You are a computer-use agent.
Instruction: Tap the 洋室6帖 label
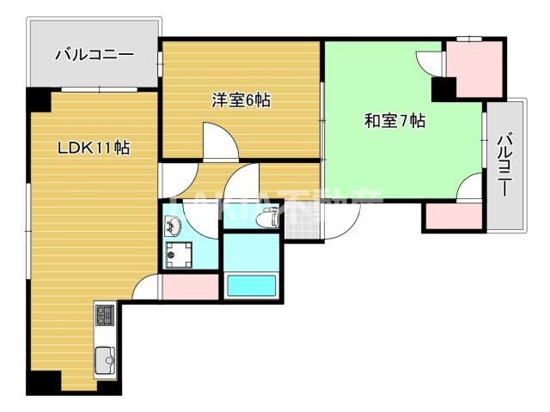[x=241, y=100]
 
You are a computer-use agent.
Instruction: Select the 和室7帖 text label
[x=394, y=121]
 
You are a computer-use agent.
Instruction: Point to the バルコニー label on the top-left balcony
[x=94, y=55]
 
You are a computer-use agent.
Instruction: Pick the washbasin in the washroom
[x=174, y=227]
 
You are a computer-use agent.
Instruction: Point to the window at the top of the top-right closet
[x=468, y=38]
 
